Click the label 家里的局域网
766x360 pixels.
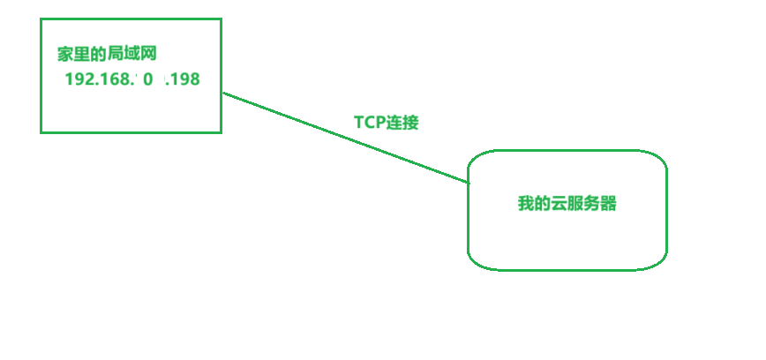pyautogui.click(x=107, y=55)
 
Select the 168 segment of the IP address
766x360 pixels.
pyautogui.click(x=118, y=79)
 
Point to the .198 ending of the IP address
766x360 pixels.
pyautogui.click(x=183, y=79)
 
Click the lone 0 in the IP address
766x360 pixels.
pyautogui.click(x=148, y=79)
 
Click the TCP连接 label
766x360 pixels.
pyautogui.click(x=386, y=123)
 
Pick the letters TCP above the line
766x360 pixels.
pyautogui.click(x=370, y=123)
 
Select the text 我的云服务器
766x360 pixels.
pyautogui.click(x=567, y=204)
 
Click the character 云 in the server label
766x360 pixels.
pyautogui.click(x=558, y=204)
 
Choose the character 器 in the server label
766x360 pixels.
pyautogui.click(x=608, y=204)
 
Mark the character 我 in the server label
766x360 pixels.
pyautogui.click(x=525, y=204)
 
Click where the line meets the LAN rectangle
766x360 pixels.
pyautogui.click(x=222, y=92)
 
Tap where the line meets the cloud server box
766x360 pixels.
pyautogui.click(x=468, y=183)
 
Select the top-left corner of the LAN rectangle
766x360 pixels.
pyautogui.click(x=41, y=19)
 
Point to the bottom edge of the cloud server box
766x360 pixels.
pyautogui.click(x=567, y=269)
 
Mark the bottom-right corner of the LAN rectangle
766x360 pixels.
pyautogui.click(x=221, y=132)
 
